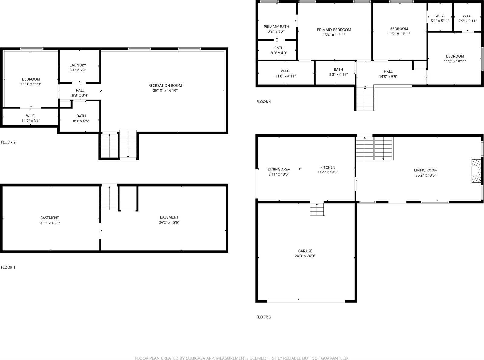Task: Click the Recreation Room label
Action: coord(165,85)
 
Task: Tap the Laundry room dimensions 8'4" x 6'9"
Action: coord(78,70)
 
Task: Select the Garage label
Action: coord(305,251)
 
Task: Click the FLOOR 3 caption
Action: coord(263,317)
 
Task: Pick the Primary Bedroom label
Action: coord(334,30)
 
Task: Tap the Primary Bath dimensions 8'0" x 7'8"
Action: coord(276,32)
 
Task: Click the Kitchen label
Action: coord(328,167)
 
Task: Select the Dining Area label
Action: coord(279,169)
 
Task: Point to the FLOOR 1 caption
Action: coord(8,267)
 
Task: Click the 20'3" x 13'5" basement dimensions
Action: coord(50,223)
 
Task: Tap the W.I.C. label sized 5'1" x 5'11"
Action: coord(440,16)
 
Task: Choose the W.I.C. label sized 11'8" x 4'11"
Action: coord(285,71)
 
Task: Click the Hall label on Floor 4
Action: coord(388,71)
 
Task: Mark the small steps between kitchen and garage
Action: coord(317,209)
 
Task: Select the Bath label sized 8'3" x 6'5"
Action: coord(81,116)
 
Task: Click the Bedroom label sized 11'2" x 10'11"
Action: coord(455,56)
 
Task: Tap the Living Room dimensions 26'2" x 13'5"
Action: coord(426,175)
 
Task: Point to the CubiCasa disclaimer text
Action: coord(242,358)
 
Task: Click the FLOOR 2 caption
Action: coord(8,142)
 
